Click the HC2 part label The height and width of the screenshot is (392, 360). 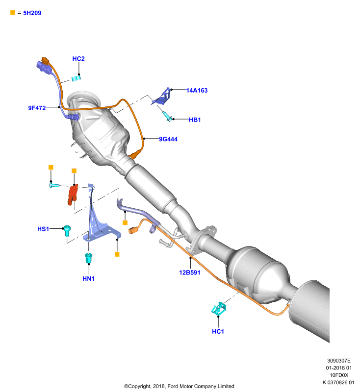click(x=78, y=59)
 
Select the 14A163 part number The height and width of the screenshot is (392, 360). click(x=197, y=91)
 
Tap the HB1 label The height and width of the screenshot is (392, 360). click(x=195, y=120)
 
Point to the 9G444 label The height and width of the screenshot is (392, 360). click(x=168, y=139)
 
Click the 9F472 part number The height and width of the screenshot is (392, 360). click(x=37, y=108)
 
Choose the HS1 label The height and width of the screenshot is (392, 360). click(x=43, y=229)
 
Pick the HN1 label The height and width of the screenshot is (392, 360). click(x=89, y=278)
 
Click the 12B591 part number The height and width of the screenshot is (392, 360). click(x=190, y=272)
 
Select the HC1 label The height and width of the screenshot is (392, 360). click(x=218, y=332)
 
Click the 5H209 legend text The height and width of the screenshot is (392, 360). click(x=32, y=13)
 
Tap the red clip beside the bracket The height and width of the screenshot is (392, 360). click(x=73, y=195)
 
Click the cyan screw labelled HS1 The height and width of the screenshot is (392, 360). click(x=67, y=231)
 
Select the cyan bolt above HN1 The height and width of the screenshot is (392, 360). click(x=89, y=258)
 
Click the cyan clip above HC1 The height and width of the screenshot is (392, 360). click(x=219, y=309)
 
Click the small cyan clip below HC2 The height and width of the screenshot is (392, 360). click(x=76, y=78)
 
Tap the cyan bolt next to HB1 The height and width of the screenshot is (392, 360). click(x=167, y=116)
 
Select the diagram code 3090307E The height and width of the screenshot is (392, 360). click(x=339, y=361)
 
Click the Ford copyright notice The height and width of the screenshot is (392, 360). click(x=179, y=386)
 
